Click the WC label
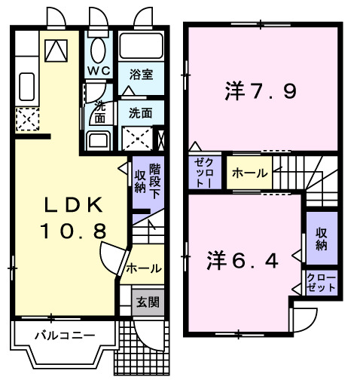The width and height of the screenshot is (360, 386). [99, 71]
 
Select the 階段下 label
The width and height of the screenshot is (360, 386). [155, 181]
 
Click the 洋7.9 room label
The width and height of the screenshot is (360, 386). [259, 92]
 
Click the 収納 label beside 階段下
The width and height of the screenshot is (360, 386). [140, 181]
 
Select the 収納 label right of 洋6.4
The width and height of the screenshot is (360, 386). [322, 238]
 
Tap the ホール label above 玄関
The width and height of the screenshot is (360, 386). [143, 268]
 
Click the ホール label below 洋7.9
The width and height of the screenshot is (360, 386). [249, 173]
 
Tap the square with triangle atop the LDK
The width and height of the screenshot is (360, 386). [55, 50]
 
